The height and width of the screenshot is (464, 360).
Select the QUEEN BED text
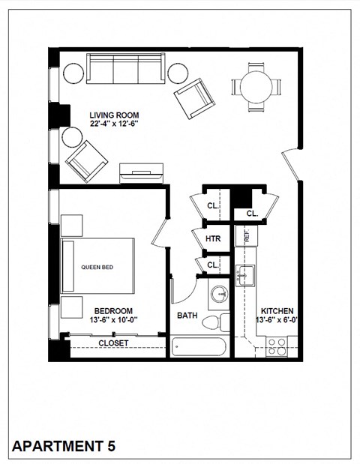[97, 266]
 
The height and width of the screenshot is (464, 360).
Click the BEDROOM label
[113, 310]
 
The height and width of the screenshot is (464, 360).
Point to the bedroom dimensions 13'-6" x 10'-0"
[113, 320]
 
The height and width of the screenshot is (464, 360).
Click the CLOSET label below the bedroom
[113, 343]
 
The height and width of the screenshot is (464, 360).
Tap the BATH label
[187, 316]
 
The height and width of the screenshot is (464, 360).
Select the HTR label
[212, 239]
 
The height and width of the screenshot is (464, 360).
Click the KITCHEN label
[277, 310]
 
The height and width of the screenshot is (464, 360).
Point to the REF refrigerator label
[246, 235]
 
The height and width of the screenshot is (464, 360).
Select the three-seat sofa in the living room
[125, 70]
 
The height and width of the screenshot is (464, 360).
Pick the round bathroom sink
[220, 293]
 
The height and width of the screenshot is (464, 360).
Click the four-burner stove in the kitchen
[276, 346]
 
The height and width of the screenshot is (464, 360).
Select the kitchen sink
[246, 276]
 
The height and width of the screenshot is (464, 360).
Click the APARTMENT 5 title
[64, 447]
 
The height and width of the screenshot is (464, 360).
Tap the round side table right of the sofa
[178, 73]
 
